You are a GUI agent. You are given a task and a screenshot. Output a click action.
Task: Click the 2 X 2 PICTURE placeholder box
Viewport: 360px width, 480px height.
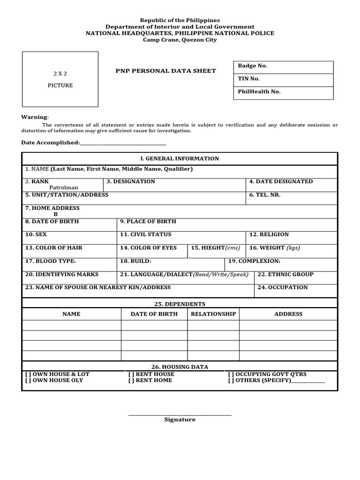(x=60, y=79)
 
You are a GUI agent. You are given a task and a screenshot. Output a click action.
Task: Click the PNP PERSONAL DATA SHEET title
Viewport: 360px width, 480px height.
(x=166, y=71)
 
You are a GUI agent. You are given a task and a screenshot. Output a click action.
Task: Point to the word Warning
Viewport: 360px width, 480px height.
(x=35, y=117)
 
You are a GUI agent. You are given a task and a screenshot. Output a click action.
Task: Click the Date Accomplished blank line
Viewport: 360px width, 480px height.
(x=123, y=142)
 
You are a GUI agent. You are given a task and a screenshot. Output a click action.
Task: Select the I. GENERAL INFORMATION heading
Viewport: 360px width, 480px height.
(x=180, y=158)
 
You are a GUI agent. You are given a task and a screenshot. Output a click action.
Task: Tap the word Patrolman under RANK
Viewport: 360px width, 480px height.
(x=64, y=187)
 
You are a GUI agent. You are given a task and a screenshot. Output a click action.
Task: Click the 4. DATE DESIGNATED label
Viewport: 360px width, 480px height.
(x=281, y=181)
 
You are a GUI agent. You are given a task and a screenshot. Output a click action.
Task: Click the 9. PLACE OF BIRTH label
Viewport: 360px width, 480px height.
(x=148, y=221)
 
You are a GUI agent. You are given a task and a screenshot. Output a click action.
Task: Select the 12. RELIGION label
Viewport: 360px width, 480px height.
(x=269, y=234)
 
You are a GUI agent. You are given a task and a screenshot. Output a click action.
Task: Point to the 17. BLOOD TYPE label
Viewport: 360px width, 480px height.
(x=50, y=261)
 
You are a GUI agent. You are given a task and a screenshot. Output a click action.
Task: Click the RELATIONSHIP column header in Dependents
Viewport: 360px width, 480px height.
(x=213, y=314)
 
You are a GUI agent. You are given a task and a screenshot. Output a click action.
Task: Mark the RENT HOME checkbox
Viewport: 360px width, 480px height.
(x=131, y=380)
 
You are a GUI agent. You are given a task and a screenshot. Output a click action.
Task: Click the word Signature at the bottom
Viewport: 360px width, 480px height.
(x=180, y=420)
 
